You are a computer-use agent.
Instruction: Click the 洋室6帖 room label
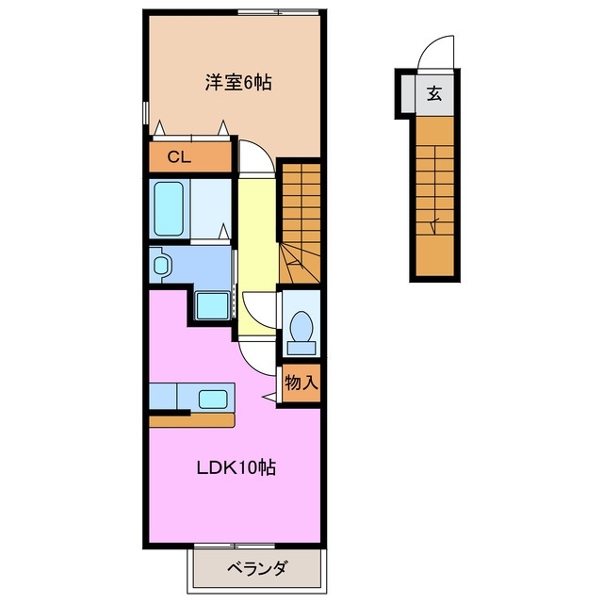tap(239, 82)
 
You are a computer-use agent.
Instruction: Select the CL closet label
tap(180, 157)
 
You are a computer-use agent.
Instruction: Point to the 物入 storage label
tap(302, 383)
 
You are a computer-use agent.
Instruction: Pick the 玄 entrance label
tap(433, 93)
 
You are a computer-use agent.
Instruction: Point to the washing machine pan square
tap(213, 306)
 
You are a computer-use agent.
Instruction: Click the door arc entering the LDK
tap(256, 354)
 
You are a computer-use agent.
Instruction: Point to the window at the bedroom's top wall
tap(278, 11)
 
